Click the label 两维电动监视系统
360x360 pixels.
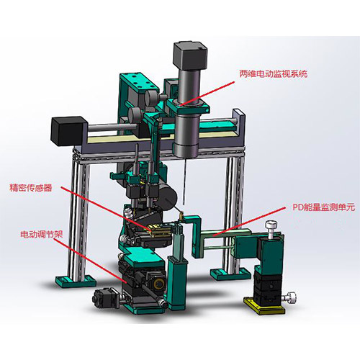[273, 73]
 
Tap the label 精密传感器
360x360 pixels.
[31, 187]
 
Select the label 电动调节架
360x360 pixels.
[42, 234]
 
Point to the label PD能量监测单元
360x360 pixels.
[323, 207]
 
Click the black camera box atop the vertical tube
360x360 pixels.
[190, 55]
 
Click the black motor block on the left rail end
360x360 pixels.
[68, 131]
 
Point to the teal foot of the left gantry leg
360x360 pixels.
[76, 281]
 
